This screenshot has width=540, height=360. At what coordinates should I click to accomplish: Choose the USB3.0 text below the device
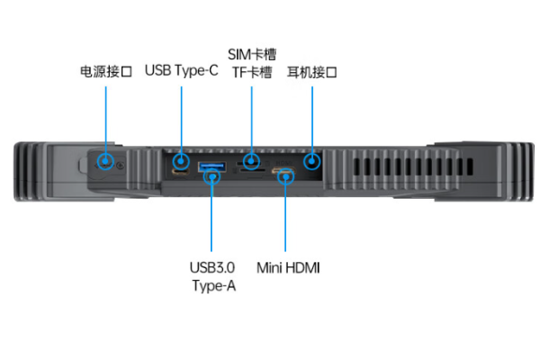pyautogui.click(x=212, y=267)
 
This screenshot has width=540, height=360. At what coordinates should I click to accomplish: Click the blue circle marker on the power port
pyautogui.click(x=106, y=162)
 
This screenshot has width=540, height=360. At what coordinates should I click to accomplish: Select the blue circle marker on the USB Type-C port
pyautogui.click(x=182, y=162)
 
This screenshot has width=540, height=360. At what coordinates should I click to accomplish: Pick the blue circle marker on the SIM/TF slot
pyautogui.click(x=251, y=162)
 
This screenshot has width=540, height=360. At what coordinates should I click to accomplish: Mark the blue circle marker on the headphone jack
pyautogui.click(x=311, y=162)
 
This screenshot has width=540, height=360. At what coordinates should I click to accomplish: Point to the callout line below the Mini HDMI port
pyautogui.click(x=286, y=216)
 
